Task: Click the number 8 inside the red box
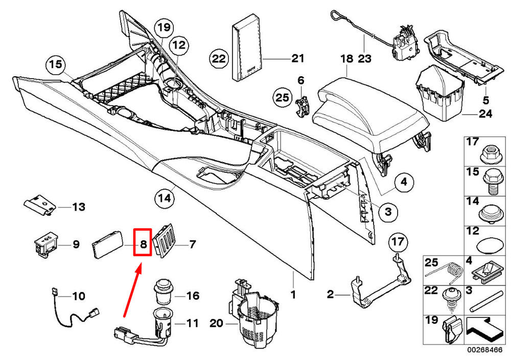[143, 244]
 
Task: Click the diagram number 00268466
[486, 350]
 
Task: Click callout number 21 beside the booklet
[297, 58]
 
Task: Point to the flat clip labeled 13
[40, 204]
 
